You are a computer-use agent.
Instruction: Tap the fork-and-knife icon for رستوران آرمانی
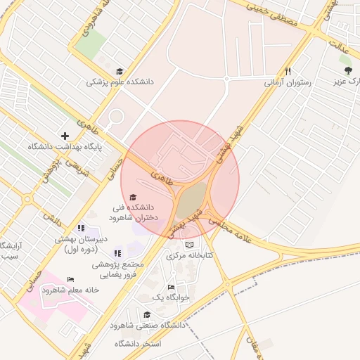288,71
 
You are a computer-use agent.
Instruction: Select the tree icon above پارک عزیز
348,70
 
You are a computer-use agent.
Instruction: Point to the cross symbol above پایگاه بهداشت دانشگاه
65,136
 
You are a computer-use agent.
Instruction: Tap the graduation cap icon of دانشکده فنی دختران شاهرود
133,197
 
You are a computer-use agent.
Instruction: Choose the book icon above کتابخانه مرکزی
188,245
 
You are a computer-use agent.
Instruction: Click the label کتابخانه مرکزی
189,255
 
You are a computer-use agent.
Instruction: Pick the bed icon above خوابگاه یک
172,288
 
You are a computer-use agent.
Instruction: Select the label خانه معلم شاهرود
68,290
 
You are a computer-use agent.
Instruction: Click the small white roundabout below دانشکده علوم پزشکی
116,117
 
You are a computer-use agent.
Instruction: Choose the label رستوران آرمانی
287,82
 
